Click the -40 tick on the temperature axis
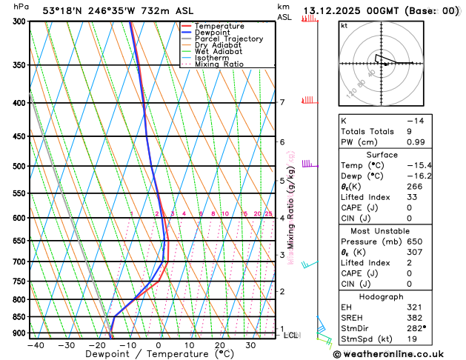[36, 345]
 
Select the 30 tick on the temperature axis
[250, 345]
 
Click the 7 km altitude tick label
[282, 102]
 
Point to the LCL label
[291, 335]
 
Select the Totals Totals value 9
[450, 130]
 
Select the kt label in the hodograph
[344, 25]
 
